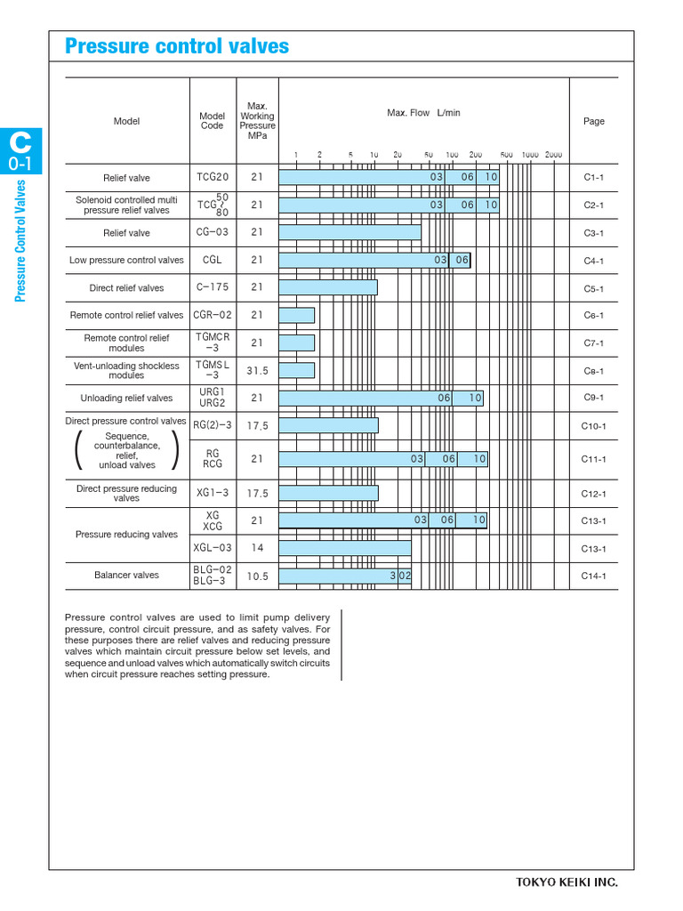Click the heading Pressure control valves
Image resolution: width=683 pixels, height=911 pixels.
click(x=177, y=47)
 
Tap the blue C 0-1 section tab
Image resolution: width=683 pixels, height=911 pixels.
click(x=20, y=151)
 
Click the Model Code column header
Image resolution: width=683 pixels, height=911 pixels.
click(x=212, y=121)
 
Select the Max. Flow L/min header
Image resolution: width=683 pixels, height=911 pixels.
click(x=423, y=113)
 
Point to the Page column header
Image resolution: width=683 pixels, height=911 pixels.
click(x=593, y=121)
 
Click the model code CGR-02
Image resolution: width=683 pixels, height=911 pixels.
click(x=213, y=315)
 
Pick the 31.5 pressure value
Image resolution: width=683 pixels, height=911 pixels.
click(x=257, y=371)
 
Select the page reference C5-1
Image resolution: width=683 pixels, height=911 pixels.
click(x=594, y=289)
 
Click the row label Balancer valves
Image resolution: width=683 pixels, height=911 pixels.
click(x=126, y=576)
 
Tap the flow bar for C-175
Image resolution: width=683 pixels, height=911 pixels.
click(x=328, y=287)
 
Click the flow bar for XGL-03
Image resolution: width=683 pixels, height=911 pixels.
click(x=345, y=548)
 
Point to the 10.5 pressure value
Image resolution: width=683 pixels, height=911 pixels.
click(x=257, y=576)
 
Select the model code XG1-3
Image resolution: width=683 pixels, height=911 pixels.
click(x=213, y=493)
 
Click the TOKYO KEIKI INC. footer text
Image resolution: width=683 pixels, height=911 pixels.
click(x=566, y=883)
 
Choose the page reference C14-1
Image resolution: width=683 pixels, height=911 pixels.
click(x=594, y=576)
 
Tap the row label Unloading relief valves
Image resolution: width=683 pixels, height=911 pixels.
click(x=126, y=399)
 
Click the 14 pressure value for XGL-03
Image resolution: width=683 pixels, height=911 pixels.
click(x=257, y=548)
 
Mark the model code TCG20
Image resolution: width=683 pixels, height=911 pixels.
click(x=213, y=177)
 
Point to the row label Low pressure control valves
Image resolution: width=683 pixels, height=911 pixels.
click(x=126, y=261)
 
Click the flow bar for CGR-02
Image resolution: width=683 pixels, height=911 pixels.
click(x=297, y=315)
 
